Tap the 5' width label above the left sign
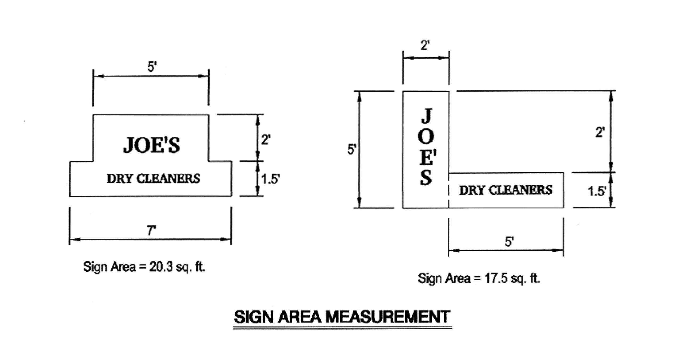(x=152, y=67)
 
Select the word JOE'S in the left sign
(x=151, y=145)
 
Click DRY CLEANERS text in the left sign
(x=153, y=178)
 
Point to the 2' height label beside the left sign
(x=266, y=140)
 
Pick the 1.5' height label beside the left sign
(x=270, y=179)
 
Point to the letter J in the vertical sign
(x=426, y=116)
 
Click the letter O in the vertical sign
(x=426, y=136)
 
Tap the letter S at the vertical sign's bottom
(x=426, y=178)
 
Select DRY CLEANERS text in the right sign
(x=506, y=190)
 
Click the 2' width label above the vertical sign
(x=425, y=46)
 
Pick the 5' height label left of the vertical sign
(x=351, y=150)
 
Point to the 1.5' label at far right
(x=597, y=191)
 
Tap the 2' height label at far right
(x=600, y=132)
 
